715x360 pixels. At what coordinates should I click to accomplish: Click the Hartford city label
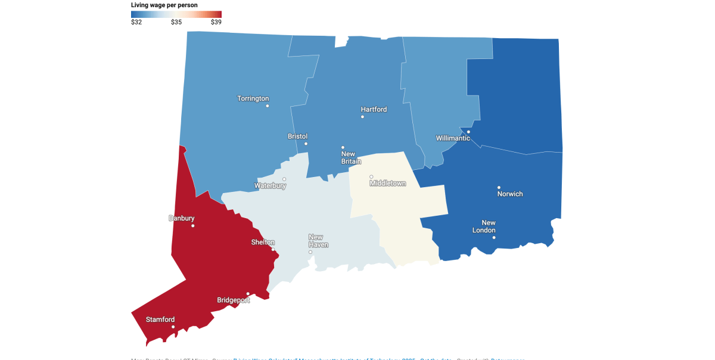pos(374,109)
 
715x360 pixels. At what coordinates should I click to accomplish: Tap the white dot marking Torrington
pos(268,106)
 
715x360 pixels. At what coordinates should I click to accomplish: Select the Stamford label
pos(160,319)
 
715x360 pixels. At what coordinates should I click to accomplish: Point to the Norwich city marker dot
pos(499,187)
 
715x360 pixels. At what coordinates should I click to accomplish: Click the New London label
pos(484,226)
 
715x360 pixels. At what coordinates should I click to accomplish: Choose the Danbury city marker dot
pos(193,226)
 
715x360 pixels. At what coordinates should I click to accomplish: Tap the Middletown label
pos(387,184)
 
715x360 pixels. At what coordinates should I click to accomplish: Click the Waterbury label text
pos(270,186)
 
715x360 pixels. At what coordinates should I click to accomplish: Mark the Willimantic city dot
pos(469,132)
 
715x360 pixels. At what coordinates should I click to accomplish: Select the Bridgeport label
pos(233,300)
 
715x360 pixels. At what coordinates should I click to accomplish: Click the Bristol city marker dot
pos(306,144)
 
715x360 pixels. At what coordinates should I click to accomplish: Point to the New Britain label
pos(348,157)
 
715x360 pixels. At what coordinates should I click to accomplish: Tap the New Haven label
pos(318,241)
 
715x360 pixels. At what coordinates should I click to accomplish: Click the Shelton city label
pos(263,242)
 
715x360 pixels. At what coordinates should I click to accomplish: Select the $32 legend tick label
pos(136,22)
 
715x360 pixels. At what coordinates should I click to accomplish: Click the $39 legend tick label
pos(216,22)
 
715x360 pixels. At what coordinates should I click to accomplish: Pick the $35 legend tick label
pos(176,22)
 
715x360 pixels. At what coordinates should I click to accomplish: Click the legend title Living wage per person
pos(164,5)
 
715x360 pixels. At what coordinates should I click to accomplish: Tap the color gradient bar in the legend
pos(176,14)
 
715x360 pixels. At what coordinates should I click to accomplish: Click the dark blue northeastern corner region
pos(518,89)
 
